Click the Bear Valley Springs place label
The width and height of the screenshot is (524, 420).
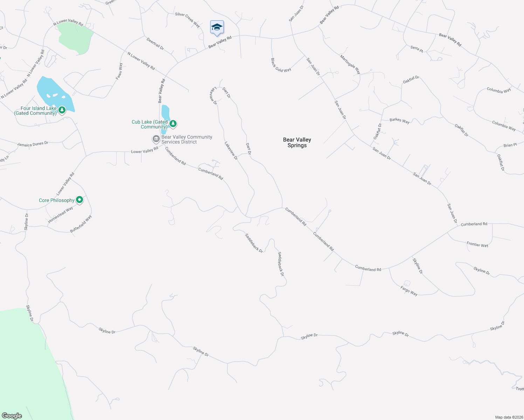coord(297,142)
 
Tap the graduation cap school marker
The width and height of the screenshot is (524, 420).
coord(217,27)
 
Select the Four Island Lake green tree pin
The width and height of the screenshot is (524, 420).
coord(62,110)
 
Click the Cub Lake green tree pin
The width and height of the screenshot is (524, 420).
coord(173,124)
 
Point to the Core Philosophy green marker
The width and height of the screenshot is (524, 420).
coord(80,200)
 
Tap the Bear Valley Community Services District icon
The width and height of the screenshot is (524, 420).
coord(156,139)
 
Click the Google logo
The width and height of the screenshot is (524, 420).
coord(12,415)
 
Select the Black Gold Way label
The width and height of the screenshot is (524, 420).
coord(281,65)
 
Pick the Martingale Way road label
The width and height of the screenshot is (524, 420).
coord(350,64)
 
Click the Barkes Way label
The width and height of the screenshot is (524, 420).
coord(399,120)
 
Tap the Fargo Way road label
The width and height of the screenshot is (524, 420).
coord(409,291)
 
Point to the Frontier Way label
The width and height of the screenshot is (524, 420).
coord(477,245)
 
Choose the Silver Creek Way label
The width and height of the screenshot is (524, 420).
coord(187,20)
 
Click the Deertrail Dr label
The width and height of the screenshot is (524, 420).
coord(155,44)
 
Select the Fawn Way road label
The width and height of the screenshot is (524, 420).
coord(120,71)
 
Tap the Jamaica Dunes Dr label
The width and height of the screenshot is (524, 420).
coord(33,143)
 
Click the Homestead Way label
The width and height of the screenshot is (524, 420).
coord(61,215)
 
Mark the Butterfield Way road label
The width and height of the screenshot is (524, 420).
coord(81,224)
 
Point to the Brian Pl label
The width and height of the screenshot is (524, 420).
coord(510,145)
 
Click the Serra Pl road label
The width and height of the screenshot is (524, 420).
coord(416,49)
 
